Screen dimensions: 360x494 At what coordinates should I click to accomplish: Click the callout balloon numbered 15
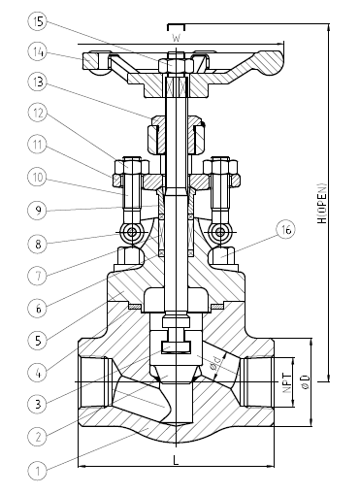tap(38, 22)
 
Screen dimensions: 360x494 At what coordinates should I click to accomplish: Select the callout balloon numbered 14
tap(38, 52)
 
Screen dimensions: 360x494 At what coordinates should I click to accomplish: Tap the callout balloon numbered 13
tap(38, 82)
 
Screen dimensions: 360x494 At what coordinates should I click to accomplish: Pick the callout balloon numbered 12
tap(38, 113)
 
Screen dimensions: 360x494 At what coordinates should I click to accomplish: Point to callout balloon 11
tap(38, 145)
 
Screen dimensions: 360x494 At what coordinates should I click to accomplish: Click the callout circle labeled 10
tap(38, 177)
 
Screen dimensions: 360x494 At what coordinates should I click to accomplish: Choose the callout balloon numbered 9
tap(38, 210)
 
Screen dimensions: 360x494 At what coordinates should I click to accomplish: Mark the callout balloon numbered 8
tap(38, 244)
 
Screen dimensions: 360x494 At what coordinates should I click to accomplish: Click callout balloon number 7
tap(38, 276)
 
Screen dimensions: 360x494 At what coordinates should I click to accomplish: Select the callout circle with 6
tap(38, 309)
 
